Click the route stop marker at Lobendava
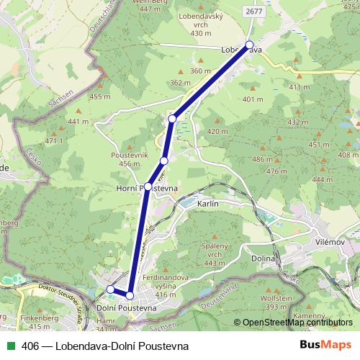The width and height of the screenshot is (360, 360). point(249,45)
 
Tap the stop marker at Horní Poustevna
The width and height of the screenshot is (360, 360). point(148,186)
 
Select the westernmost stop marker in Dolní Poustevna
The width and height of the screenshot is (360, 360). point(111,289)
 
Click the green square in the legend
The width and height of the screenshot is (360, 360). point(9,346)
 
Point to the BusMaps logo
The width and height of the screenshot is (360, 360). point(325,346)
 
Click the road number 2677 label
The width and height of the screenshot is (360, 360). point(253,12)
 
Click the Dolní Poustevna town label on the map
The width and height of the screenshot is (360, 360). point(127,308)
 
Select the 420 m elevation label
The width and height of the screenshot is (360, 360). point(217,132)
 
